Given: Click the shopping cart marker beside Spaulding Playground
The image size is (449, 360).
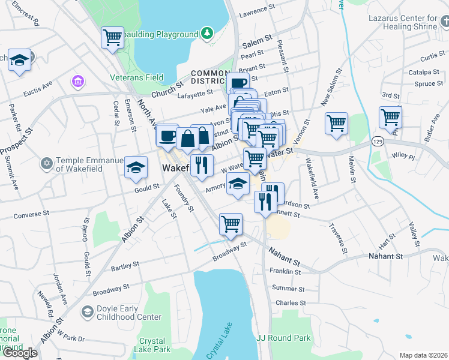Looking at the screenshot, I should [x=112, y=38].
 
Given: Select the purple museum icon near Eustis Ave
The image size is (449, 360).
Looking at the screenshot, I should [x=77, y=80].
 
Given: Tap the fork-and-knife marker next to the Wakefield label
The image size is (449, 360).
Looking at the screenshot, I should [x=201, y=165].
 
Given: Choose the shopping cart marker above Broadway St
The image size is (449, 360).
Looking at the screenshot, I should [x=231, y=224].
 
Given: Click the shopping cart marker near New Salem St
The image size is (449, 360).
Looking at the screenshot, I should [x=336, y=123].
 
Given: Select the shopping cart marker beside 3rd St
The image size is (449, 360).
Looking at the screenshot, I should [x=390, y=116].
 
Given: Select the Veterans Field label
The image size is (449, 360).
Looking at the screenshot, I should [x=137, y=77].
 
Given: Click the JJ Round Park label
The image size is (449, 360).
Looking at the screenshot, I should [x=283, y=338].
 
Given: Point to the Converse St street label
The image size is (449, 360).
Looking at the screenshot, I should [x=31, y=214].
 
